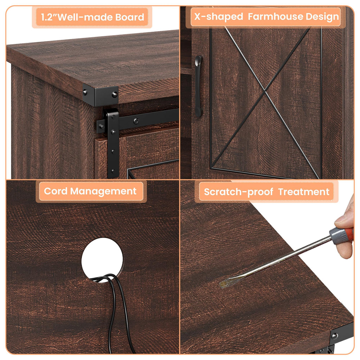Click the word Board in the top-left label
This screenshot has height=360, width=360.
pos(129,17)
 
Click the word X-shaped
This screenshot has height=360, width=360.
pos(219,17)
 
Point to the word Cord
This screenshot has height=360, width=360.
pos(56,191)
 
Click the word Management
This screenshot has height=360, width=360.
pos(103,192)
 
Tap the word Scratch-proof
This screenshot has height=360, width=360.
pos(239,192)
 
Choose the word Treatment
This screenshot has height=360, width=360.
pos(304,192)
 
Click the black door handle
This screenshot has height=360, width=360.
pos(198,86)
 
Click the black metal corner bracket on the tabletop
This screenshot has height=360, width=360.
pos(101,95)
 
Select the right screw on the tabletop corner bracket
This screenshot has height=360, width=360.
pos(114,94)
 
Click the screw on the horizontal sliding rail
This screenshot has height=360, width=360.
pos(136,121)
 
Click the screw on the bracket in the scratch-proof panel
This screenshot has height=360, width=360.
pos(335,336)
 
